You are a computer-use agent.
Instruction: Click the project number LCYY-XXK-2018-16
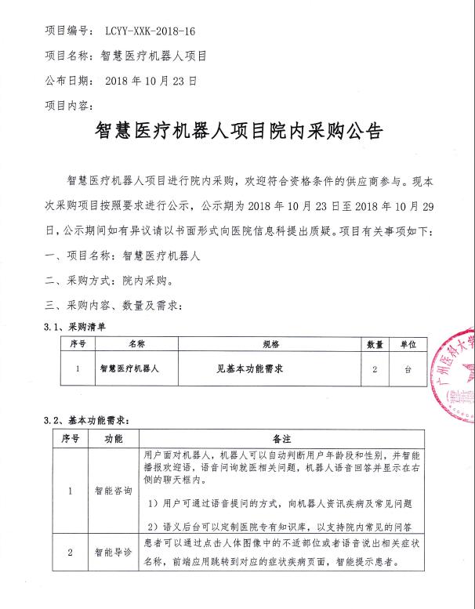coord(149,31)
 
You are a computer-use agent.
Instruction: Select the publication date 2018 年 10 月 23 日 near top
coord(150,81)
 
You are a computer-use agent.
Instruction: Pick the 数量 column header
coord(375,343)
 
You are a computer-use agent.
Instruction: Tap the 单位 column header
coord(408,343)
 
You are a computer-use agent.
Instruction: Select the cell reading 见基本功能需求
coord(248,367)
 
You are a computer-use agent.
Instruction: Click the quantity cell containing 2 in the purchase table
coord(375,367)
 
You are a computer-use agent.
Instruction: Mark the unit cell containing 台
coord(408,367)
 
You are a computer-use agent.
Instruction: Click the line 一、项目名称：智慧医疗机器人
coord(123,256)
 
